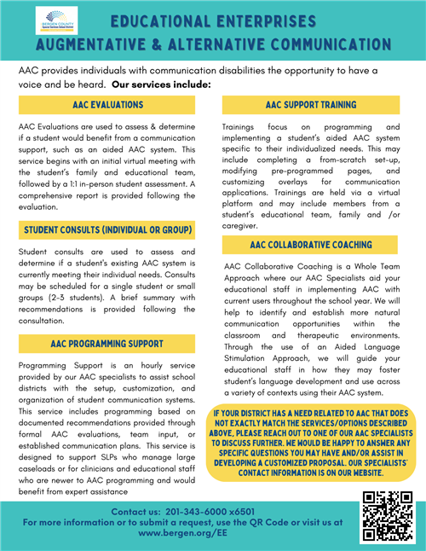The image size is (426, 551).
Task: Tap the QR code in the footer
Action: (382, 517)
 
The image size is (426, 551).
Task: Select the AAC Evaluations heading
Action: (107, 104)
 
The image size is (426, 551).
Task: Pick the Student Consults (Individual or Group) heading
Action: (107, 230)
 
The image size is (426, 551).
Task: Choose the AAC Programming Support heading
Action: (107, 344)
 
